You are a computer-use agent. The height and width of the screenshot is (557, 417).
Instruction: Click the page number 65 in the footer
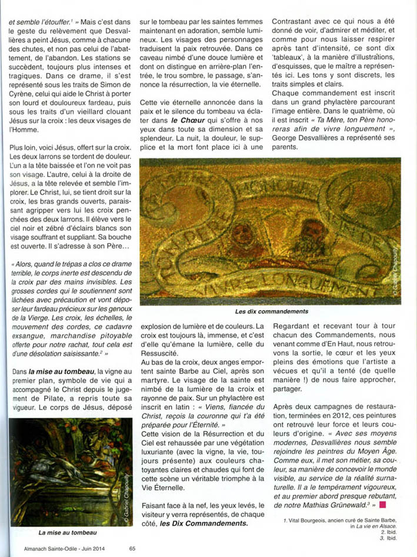pyautogui.click(x=132, y=549)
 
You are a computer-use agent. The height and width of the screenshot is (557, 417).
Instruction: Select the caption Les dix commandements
pyautogui.click(x=271, y=311)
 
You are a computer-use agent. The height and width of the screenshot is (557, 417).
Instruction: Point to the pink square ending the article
pyautogui.click(x=382, y=504)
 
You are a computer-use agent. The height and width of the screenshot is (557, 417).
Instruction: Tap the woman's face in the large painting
pyautogui.click(x=241, y=236)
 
